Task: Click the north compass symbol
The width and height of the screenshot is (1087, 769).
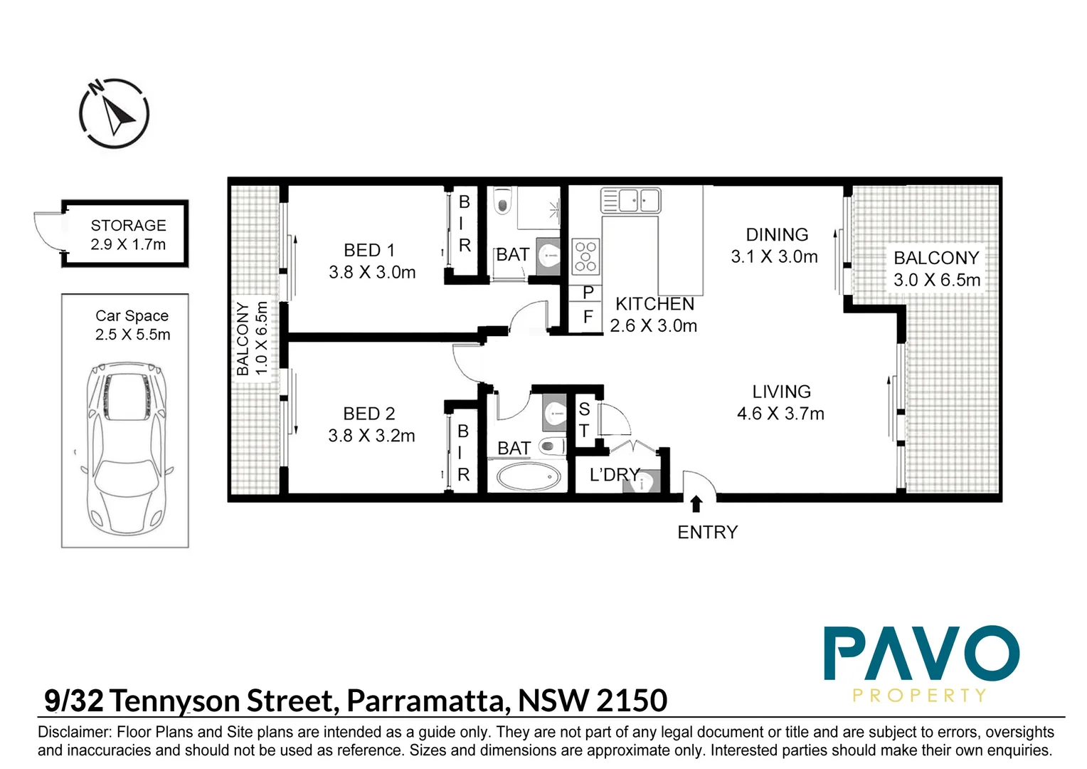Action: click(x=114, y=113)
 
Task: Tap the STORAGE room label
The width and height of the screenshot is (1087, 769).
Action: click(x=128, y=226)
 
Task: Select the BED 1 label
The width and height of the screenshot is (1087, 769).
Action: click(x=368, y=251)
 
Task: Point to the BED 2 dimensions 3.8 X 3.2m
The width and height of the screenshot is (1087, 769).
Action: click(x=371, y=436)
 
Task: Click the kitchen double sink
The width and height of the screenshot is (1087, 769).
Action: click(x=631, y=200)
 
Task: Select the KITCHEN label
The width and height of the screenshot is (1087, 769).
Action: click(x=654, y=304)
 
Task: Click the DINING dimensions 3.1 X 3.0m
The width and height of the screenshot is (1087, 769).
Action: click(x=774, y=257)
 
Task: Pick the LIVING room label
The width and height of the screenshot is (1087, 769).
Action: click(x=781, y=392)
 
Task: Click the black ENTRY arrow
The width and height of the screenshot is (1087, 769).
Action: click(x=696, y=504)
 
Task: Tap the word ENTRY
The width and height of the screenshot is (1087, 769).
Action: click(x=707, y=532)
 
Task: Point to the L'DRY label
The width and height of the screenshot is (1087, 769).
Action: click(x=614, y=474)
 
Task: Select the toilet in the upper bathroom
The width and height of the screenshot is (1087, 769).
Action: click(x=503, y=202)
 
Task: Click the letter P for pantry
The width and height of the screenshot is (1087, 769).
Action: click(x=588, y=293)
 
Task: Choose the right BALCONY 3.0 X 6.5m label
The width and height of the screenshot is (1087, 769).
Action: click(x=936, y=268)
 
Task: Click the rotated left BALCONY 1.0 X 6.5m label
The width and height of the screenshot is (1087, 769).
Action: click(x=252, y=338)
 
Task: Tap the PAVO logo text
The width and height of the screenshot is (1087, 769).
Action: click(x=921, y=654)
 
